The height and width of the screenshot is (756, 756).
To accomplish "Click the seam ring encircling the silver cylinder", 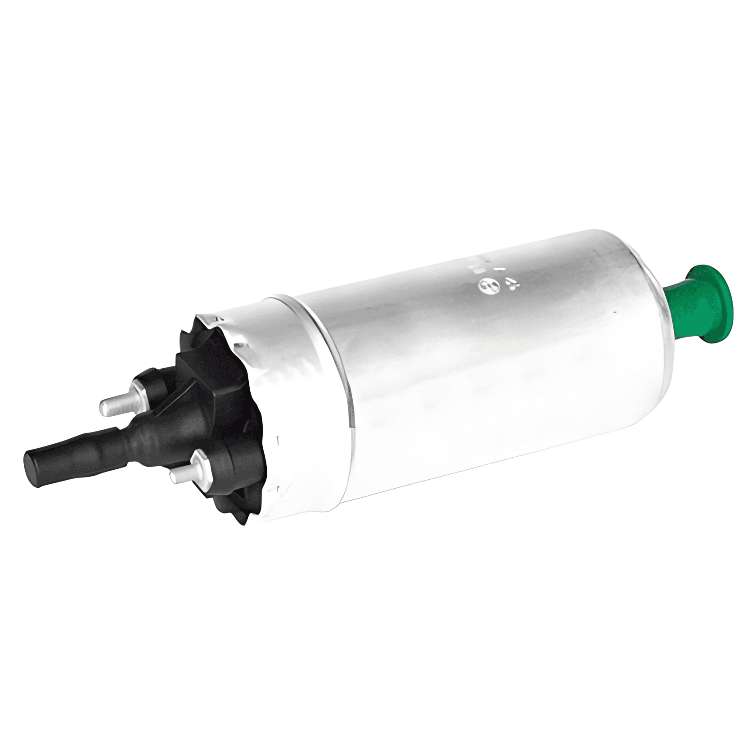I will pos(315,360).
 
